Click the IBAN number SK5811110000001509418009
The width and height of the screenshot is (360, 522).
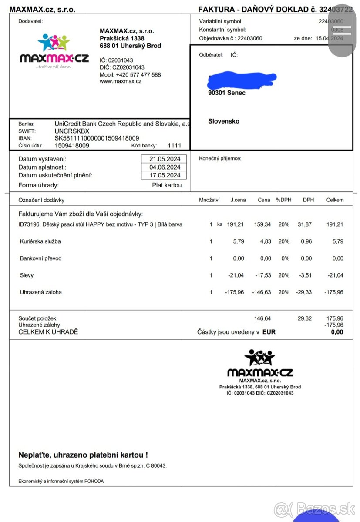tap(97, 138)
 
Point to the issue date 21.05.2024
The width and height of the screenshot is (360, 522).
tap(164, 159)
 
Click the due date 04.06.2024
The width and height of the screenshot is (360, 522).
tap(164, 167)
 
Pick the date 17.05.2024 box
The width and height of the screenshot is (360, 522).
tap(164, 175)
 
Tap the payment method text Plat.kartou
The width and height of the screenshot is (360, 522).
tap(167, 185)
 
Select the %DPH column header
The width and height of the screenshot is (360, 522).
tap(283, 200)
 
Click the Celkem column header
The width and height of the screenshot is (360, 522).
tap(335, 200)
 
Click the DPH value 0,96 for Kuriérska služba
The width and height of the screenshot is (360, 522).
tap(306, 241)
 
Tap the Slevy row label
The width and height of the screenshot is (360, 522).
tap(27, 275)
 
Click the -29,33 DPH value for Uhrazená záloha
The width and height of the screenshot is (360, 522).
tap(303, 292)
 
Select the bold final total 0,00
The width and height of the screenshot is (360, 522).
tap(336, 332)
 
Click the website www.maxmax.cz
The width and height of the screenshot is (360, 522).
tap(121, 81)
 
